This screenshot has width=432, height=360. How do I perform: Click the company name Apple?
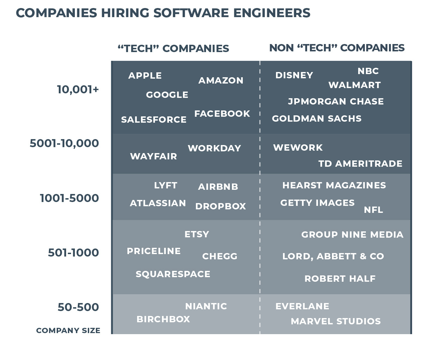(145, 75)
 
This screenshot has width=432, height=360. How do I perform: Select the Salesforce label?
(154, 120)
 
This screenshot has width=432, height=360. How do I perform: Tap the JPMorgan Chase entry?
(335, 101)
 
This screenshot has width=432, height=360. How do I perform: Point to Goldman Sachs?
(317, 118)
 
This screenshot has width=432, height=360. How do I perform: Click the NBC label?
(368, 71)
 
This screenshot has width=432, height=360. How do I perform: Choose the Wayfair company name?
(153, 156)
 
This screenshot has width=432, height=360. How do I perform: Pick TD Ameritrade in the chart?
(360, 164)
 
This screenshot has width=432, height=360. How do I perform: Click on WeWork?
(298, 147)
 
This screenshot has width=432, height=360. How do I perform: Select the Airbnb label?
(218, 187)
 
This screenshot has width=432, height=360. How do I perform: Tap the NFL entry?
(373, 210)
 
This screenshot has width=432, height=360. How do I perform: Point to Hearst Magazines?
(334, 185)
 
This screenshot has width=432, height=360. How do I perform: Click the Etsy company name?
(197, 234)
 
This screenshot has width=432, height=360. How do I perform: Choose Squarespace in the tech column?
(173, 274)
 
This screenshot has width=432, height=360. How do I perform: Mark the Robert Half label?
(340, 279)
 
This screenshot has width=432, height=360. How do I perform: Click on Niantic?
(206, 306)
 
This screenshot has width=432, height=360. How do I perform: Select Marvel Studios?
(335, 321)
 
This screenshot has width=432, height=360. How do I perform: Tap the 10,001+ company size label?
(78, 89)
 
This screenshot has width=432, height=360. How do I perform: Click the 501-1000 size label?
(73, 252)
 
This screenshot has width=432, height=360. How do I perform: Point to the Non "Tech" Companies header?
(337, 48)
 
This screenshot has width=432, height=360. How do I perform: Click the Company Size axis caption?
(68, 330)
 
